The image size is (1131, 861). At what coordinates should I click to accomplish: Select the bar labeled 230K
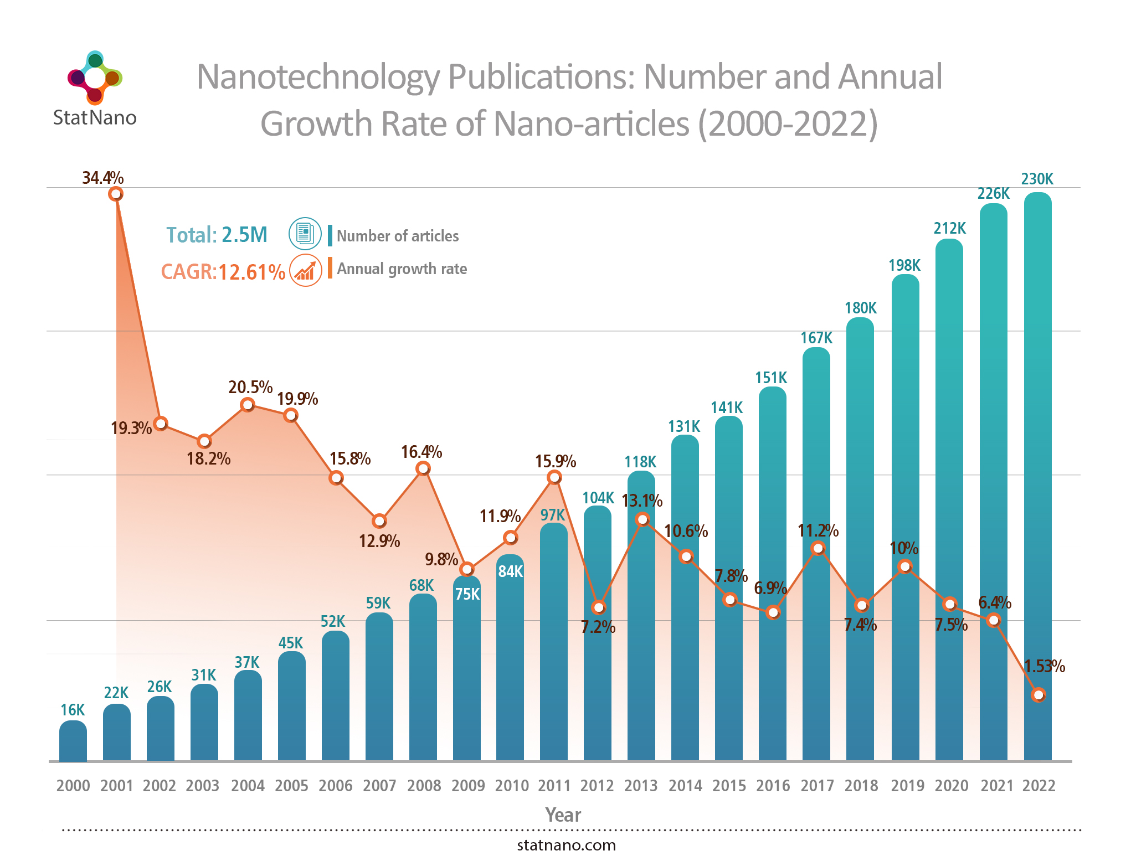(1037, 476)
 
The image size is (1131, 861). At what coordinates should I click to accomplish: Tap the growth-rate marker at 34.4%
(116, 194)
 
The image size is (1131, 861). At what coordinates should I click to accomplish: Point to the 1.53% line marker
(1039, 694)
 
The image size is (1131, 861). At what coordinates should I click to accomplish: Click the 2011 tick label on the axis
(554, 786)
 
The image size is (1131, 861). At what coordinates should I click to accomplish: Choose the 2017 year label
(817, 786)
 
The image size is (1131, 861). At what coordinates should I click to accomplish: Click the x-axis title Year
(563, 815)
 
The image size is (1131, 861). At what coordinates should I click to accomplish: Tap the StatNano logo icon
(95, 78)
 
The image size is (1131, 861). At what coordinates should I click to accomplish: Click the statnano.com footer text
(566, 845)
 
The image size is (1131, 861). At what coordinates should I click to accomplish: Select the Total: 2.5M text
(217, 235)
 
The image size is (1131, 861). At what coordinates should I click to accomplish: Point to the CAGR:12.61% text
(223, 272)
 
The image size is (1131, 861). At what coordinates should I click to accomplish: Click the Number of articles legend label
(398, 236)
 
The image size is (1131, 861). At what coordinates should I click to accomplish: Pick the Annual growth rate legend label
(402, 269)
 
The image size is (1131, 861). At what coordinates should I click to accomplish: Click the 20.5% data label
(250, 387)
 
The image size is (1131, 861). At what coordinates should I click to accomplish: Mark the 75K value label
(467, 594)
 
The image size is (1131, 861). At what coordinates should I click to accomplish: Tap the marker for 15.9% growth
(554, 477)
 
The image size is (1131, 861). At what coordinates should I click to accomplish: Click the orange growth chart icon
(305, 271)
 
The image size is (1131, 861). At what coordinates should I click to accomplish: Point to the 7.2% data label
(598, 627)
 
